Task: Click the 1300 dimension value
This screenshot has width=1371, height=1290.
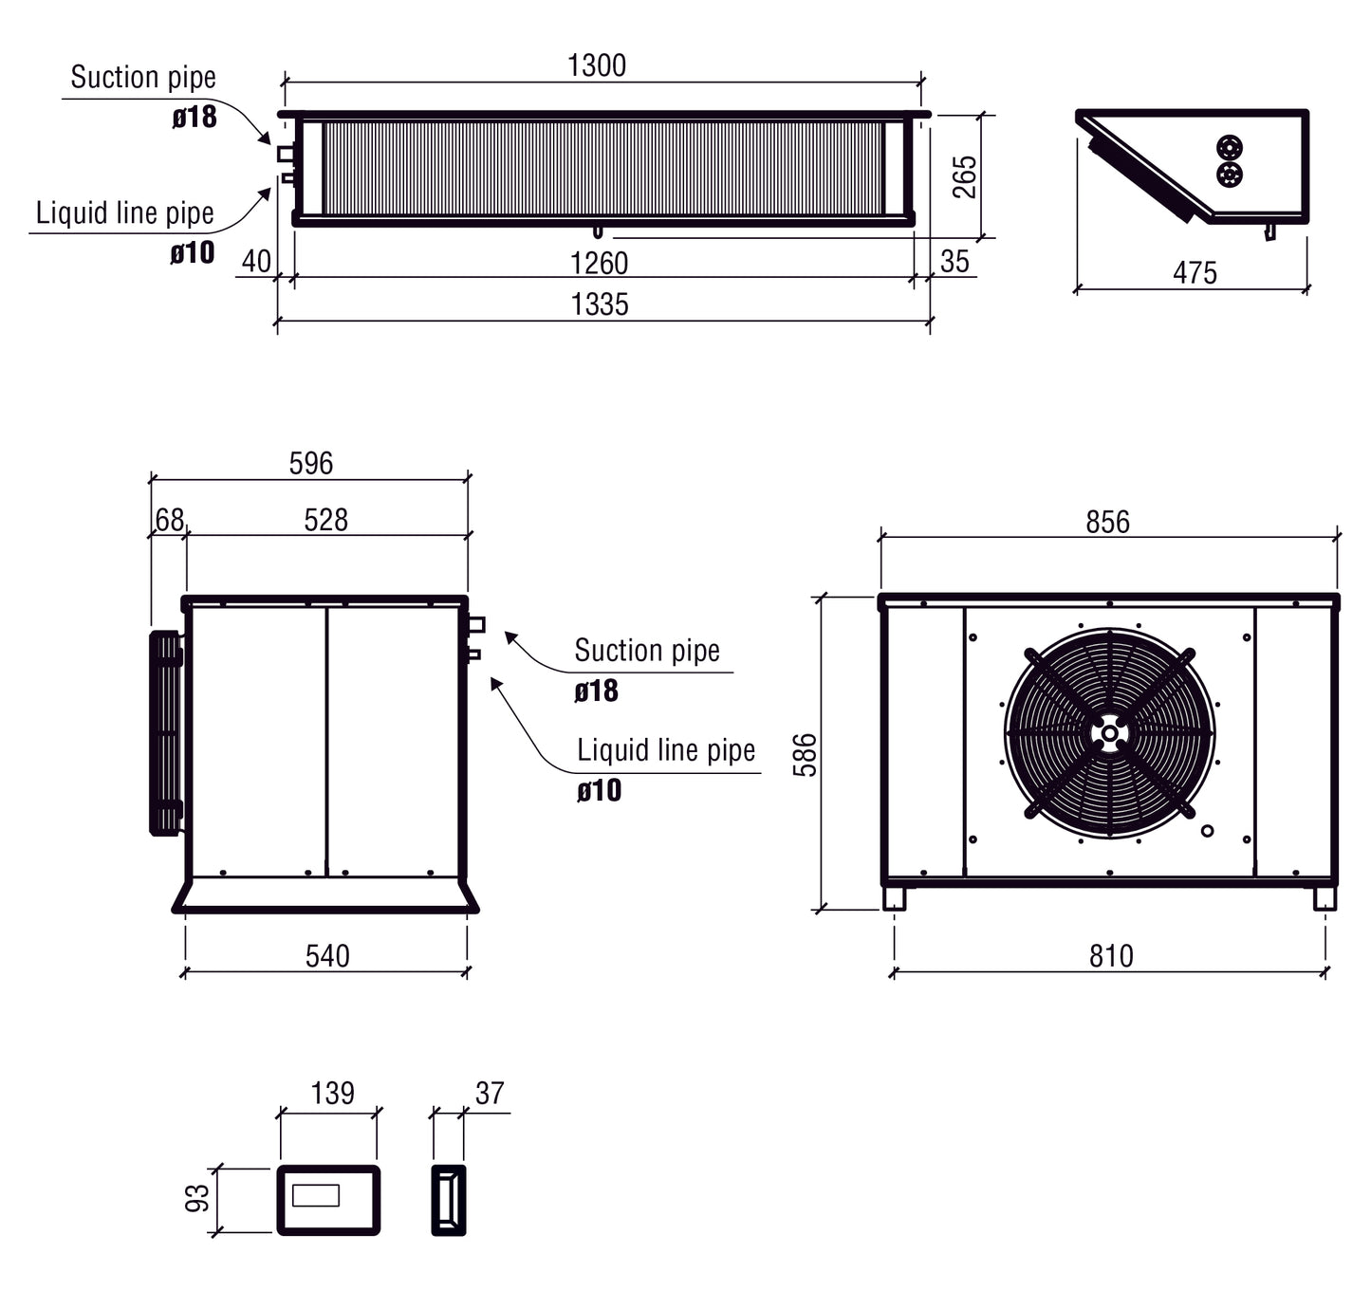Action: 597,65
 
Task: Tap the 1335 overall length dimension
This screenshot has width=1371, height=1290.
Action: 600,304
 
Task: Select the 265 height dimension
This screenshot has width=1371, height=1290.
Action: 964,176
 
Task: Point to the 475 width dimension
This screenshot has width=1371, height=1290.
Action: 1195,273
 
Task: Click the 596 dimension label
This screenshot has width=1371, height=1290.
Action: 311,463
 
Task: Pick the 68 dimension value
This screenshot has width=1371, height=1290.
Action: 169,519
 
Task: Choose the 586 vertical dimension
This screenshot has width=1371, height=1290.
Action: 805,755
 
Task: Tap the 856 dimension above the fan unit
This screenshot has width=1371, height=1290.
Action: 1107,522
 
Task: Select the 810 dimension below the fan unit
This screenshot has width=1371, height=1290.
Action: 1111,956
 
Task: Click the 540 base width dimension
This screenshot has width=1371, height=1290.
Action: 327,956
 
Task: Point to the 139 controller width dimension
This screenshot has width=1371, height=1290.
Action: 332,1093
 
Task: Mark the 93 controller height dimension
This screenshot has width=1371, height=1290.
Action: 197,1199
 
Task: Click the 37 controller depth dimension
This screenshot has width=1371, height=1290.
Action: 490,1093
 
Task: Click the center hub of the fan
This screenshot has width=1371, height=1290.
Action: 1109,733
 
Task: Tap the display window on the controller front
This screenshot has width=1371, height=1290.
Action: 316,1195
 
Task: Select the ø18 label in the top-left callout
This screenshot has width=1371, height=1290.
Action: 195,117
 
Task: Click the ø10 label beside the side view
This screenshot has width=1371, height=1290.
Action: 599,790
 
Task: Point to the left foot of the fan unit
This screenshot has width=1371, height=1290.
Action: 894,898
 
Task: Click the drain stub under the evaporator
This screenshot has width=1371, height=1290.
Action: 597,231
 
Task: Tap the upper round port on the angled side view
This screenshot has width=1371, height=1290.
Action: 1230,148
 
